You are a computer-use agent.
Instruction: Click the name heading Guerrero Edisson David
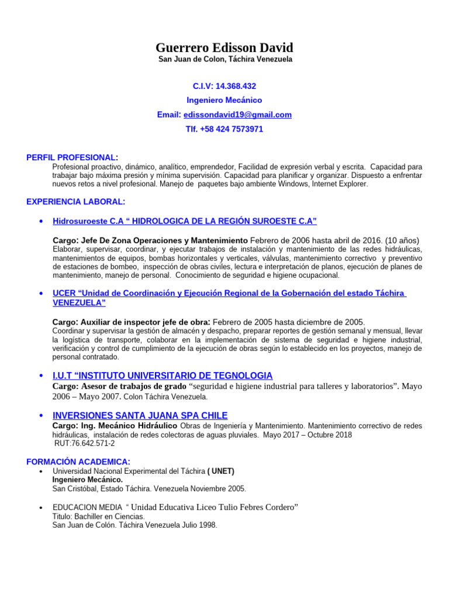[x=224, y=47]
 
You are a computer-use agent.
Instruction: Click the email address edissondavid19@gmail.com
[x=237, y=115]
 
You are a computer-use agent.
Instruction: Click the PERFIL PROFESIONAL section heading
[x=71, y=157]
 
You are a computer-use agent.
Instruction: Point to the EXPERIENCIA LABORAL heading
[x=75, y=202]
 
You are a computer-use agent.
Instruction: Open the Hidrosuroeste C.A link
[x=185, y=221]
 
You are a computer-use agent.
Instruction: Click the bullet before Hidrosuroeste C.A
[x=40, y=222]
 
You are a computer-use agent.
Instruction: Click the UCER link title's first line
[x=229, y=293]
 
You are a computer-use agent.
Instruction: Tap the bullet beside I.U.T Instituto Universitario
[x=40, y=376]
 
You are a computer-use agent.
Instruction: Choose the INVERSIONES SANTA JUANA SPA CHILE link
[x=140, y=415]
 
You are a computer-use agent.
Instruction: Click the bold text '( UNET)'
[x=221, y=471]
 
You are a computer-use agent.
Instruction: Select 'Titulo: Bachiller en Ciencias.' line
[x=99, y=517]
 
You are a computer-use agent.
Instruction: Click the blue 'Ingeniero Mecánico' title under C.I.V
[x=224, y=101]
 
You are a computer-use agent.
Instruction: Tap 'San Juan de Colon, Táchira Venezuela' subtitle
[x=225, y=60]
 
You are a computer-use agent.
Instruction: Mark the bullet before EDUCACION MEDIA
[x=40, y=508]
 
